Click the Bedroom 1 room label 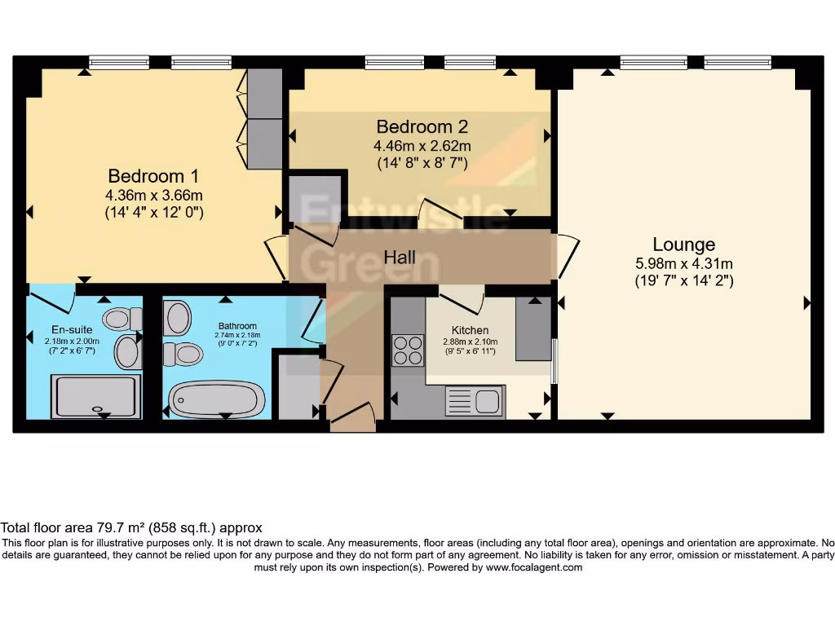[153, 176]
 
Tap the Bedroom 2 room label [422, 127]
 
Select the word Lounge [684, 245]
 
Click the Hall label [400, 258]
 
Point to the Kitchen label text [471, 330]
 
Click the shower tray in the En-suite [95, 396]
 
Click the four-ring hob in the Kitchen [408, 350]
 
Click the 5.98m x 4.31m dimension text [684, 263]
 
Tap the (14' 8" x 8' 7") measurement [422, 162]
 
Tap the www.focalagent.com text [534, 567]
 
